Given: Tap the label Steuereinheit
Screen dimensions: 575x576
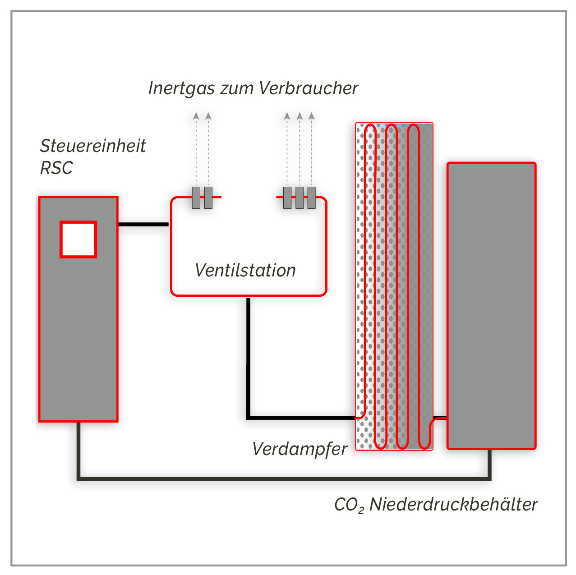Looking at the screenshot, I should tap(93, 146).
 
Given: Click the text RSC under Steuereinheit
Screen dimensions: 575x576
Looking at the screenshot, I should tap(56, 168).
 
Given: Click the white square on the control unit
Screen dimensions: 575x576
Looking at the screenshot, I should tap(78, 239).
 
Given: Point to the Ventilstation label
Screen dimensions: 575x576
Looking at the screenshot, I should tap(245, 271).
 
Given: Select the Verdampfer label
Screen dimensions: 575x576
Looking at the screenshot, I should tap(300, 449).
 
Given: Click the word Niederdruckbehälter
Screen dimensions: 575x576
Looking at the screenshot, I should tap(453, 505).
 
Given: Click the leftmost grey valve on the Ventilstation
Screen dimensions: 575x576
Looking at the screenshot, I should tap(196, 198).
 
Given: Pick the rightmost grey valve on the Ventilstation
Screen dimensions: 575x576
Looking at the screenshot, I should tap(311, 198).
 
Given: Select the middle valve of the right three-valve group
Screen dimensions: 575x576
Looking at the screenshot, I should tap(300, 198).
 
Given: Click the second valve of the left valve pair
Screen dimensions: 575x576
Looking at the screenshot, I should tap(208, 198).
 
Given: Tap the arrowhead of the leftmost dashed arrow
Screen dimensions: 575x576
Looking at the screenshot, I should tap(196, 116).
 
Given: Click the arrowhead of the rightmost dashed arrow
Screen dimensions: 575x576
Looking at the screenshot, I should tap(311, 116).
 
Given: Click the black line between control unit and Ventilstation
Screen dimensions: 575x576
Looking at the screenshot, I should tap(143, 224).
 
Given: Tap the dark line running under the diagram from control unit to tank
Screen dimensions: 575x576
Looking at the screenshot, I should tap(284, 478).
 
